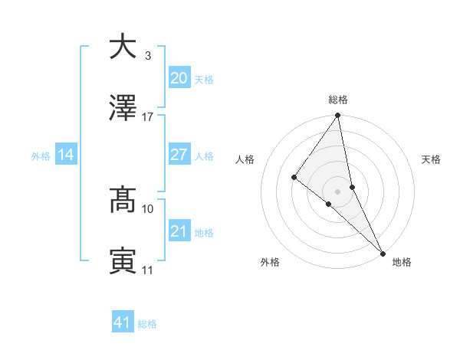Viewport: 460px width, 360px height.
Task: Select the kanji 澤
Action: pos(123,110)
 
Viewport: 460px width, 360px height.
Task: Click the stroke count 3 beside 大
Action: pos(147,56)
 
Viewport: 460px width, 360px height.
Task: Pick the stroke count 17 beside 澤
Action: pos(148,117)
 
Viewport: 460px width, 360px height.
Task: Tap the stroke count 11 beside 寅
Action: pos(148,270)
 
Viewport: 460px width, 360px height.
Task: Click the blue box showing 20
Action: pos(179,77)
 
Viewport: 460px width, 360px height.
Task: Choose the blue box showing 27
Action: pos(179,155)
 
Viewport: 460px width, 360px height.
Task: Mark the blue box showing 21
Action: pos(179,231)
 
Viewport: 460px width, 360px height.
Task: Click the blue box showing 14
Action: pos(66,155)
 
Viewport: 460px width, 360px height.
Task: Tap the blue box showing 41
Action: pos(123,322)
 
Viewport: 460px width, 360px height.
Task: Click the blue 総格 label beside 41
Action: pos(147,324)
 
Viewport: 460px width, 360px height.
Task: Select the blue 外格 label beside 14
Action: pos(41,156)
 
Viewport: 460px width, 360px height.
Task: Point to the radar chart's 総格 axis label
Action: pos(338,100)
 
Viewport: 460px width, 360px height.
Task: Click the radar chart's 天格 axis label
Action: pos(431,159)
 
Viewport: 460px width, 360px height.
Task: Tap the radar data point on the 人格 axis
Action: pos(294,177)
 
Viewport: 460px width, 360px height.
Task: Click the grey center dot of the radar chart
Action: pos(338,191)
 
